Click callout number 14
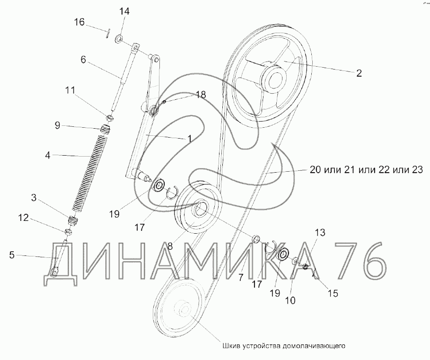[x=124, y=11]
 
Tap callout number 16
[x=79, y=22]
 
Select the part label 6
[x=83, y=60]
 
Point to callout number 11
[x=70, y=90]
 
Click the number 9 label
[x=57, y=125]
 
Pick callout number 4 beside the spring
[x=48, y=156]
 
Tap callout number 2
[x=359, y=73]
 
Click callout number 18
[x=201, y=95]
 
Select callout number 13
[x=320, y=232]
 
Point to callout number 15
[x=333, y=293]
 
